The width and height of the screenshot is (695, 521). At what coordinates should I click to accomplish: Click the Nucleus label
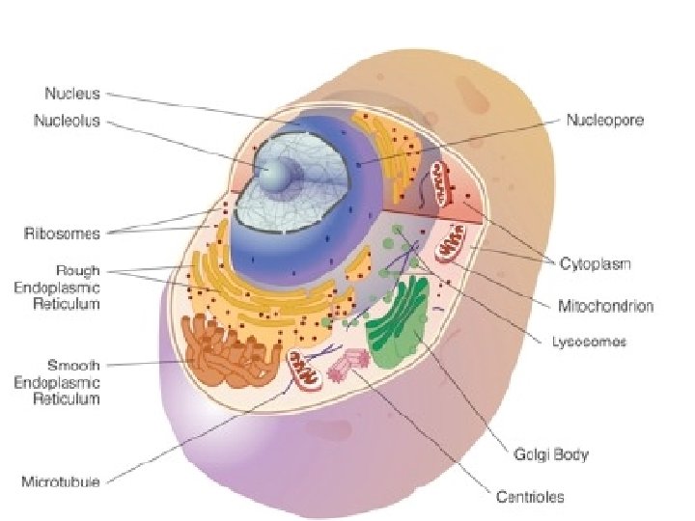(x=72, y=94)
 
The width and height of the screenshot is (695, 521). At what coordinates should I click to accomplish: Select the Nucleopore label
(x=605, y=121)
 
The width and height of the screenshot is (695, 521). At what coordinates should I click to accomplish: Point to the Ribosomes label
(x=63, y=233)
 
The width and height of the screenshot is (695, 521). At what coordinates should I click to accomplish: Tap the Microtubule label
(x=60, y=480)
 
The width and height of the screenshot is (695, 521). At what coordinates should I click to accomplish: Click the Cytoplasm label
(x=596, y=263)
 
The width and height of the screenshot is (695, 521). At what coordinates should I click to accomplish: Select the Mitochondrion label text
(x=605, y=306)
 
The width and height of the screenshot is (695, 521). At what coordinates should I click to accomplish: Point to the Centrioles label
(x=530, y=498)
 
